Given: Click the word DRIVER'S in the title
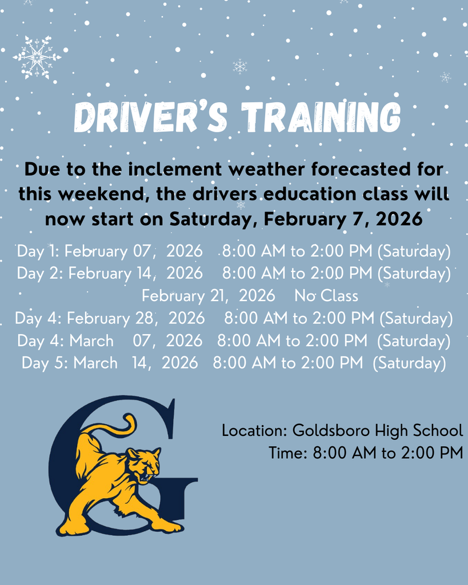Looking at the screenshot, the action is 151,117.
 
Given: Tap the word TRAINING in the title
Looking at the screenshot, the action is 321,117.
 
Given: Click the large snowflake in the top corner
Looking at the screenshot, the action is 37,57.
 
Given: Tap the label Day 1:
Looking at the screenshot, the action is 38,251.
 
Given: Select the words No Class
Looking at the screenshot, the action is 326,296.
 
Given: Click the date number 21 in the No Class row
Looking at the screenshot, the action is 217,296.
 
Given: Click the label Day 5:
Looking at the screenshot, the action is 45,363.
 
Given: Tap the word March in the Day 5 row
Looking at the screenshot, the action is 95,363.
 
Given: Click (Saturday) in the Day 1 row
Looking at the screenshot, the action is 414,251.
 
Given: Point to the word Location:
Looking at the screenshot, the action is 254,431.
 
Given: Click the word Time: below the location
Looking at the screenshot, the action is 288,453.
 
